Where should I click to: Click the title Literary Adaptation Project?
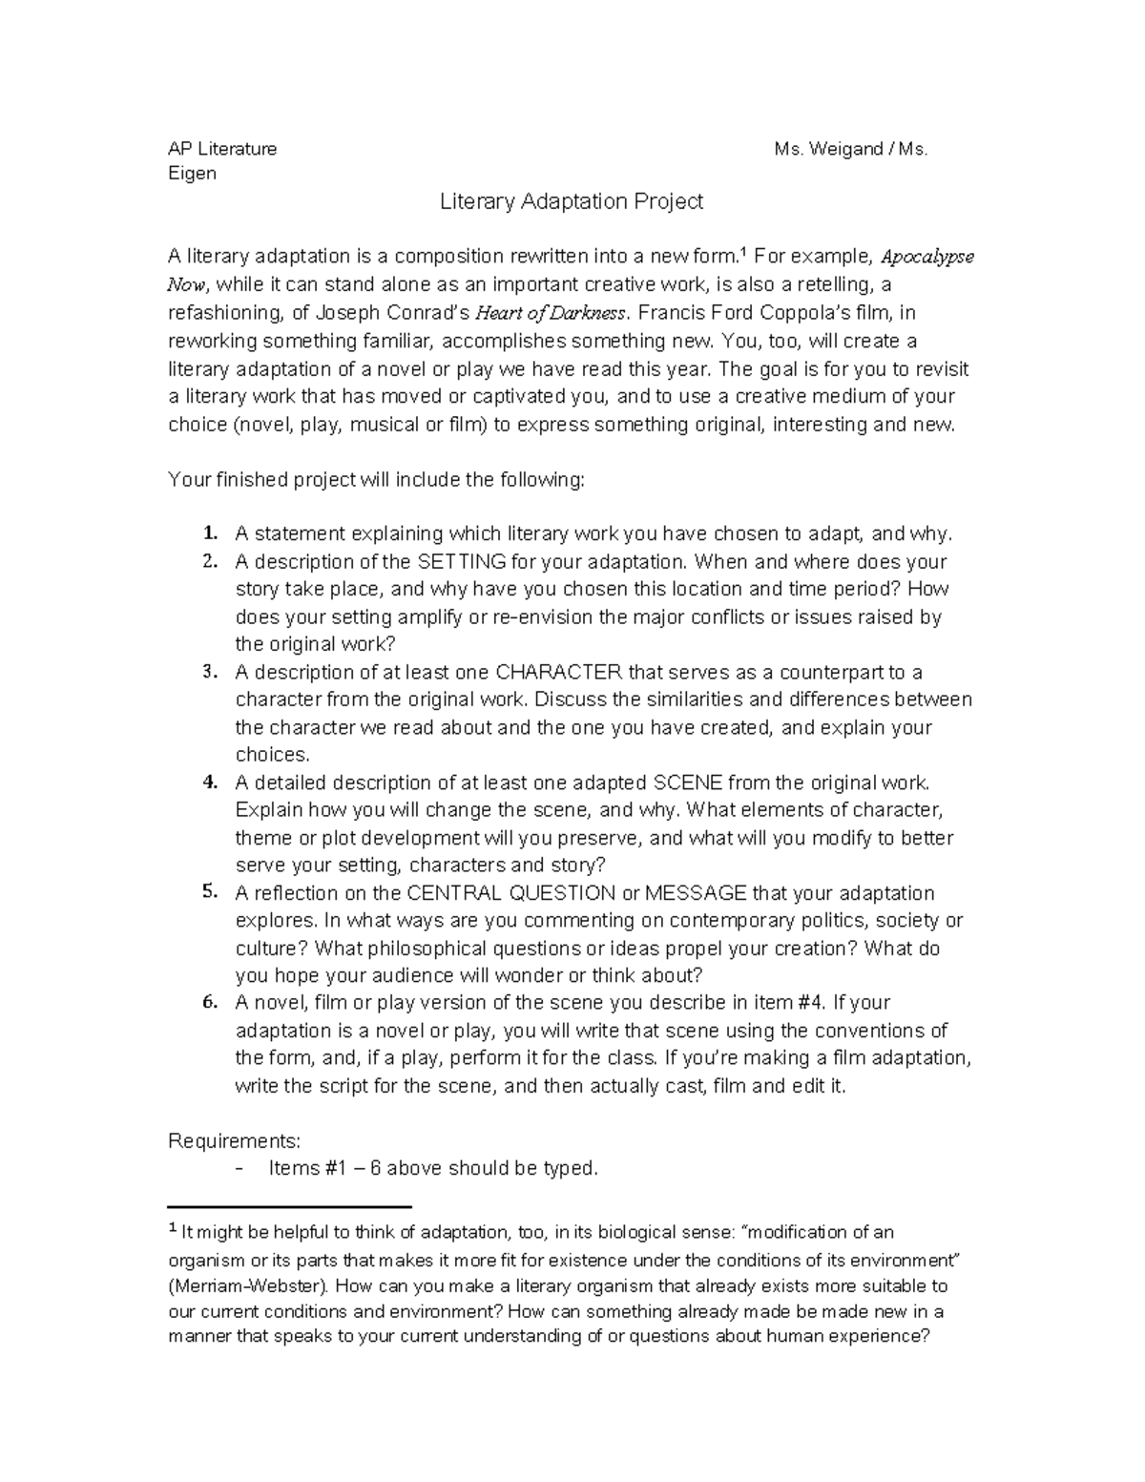point(571,201)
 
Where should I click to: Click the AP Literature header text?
point(222,149)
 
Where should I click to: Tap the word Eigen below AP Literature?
point(192,174)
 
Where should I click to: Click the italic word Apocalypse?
point(926,257)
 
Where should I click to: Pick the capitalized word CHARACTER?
point(559,672)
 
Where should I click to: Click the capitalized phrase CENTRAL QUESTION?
point(510,893)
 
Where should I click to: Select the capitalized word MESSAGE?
point(697,893)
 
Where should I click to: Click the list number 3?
point(210,672)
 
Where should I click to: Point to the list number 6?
point(210,1003)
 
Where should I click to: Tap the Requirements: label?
point(235,1141)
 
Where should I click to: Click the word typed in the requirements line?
point(570,1168)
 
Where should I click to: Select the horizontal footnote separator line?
point(288,1206)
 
